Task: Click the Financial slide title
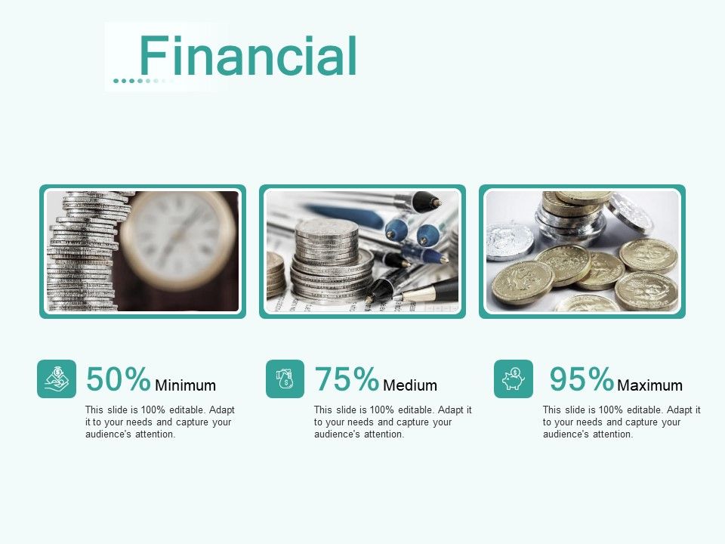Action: tap(248, 57)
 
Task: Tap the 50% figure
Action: tap(119, 379)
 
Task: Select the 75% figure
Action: tap(347, 379)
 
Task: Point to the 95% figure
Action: tap(582, 379)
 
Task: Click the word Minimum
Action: tap(185, 385)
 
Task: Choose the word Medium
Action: tap(410, 385)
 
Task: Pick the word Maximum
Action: tap(649, 385)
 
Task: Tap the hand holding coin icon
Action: tap(57, 379)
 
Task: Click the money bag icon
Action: tap(285, 379)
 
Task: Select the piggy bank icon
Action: tap(514, 379)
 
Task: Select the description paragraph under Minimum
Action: tap(160, 422)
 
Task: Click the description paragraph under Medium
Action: tap(393, 422)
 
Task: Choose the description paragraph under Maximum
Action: tap(622, 422)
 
